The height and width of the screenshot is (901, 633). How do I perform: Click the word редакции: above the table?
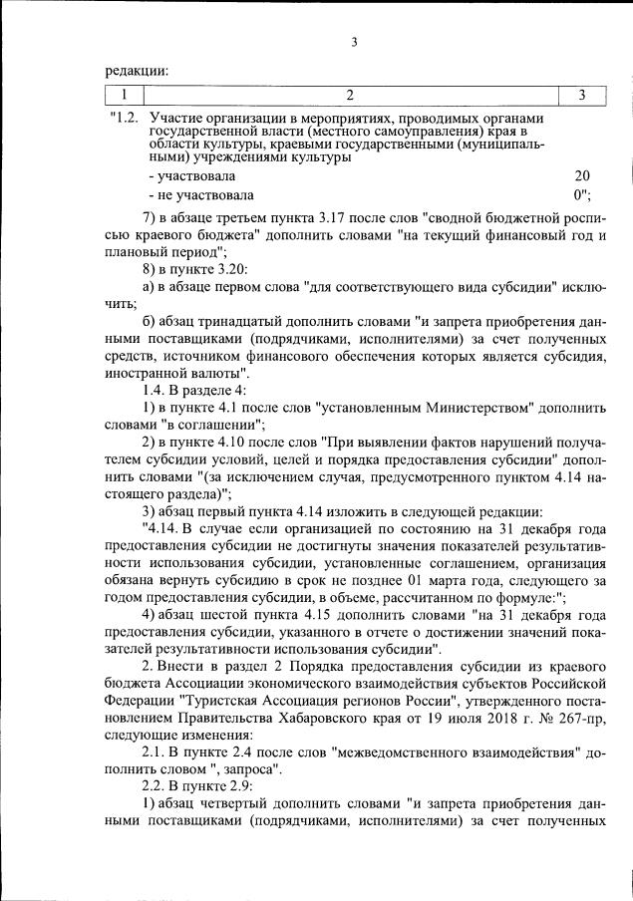[137, 70]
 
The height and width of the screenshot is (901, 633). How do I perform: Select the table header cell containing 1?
[125, 95]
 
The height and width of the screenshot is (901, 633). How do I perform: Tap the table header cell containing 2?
[350, 95]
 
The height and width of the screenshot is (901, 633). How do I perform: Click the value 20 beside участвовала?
[582, 176]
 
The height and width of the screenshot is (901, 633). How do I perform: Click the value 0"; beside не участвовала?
[583, 195]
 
